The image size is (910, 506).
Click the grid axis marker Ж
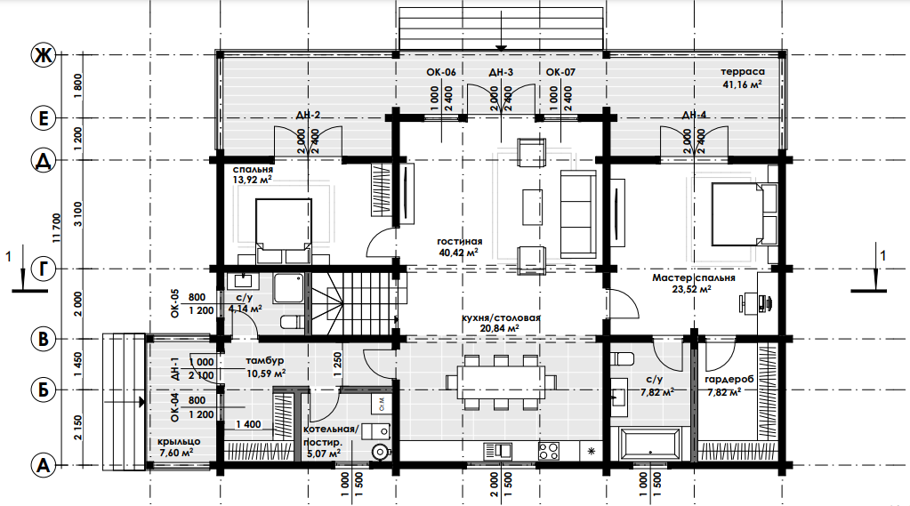click(x=43, y=55)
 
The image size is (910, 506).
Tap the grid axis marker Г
click(x=43, y=269)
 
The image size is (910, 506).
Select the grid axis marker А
click(x=43, y=465)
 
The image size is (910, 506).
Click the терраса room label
click(x=742, y=72)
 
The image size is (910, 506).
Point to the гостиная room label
click(x=460, y=241)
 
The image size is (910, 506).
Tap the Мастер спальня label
click(x=694, y=278)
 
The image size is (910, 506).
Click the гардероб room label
click(x=729, y=380)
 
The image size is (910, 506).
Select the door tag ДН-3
click(x=501, y=73)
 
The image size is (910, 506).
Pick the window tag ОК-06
click(x=441, y=73)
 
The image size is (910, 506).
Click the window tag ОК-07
click(x=560, y=73)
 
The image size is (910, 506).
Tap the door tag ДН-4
click(x=694, y=115)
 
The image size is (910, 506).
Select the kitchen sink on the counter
click(x=497, y=451)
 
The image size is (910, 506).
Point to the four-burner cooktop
click(x=549, y=451)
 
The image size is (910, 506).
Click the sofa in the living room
click(x=578, y=214)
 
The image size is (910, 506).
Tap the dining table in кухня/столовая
click(x=501, y=382)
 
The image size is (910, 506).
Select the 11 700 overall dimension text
click(x=56, y=228)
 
